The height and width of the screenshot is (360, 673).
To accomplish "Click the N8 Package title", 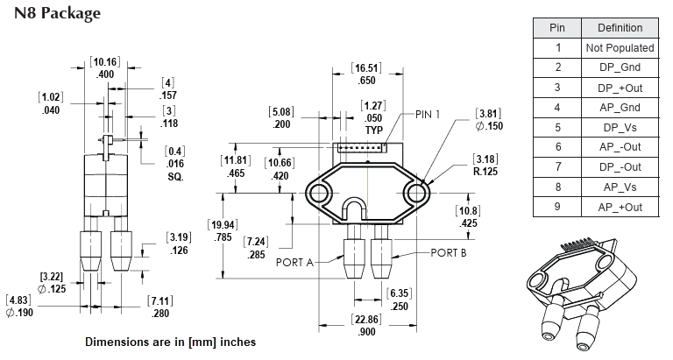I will [57, 13].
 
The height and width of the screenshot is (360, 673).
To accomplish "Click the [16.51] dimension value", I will [366, 67].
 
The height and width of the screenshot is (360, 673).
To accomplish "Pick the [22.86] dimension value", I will [366, 320].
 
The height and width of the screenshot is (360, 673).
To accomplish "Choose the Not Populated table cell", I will [620, 47].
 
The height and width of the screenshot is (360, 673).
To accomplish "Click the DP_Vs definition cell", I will [620, 127].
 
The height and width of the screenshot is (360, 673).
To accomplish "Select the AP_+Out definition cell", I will [620, 207].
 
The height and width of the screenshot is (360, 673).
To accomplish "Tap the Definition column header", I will [620, 27].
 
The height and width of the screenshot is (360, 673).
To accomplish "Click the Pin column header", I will [557, 27].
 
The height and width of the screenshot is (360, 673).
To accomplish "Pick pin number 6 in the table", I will [557, 147].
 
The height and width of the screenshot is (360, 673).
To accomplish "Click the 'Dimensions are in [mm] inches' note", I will [171, 341].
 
